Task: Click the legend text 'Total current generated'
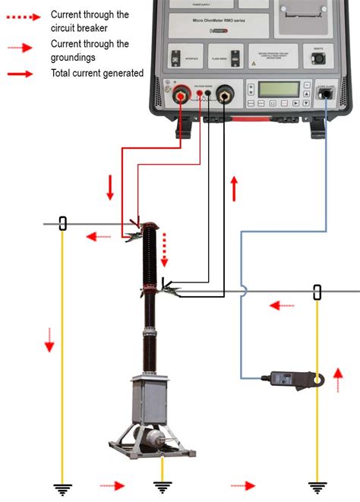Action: click(97, 73)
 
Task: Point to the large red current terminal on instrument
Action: click(182, 96)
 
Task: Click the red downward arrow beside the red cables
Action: click(110, 187)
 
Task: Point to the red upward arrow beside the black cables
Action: click(235, 188)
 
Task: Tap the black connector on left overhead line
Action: click(63, 223)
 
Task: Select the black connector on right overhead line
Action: click(317, 292)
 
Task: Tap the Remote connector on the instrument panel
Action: click(319, 57)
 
